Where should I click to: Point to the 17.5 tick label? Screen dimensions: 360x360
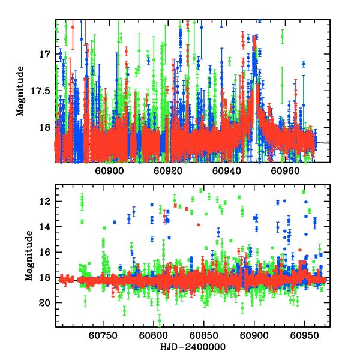40,91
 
